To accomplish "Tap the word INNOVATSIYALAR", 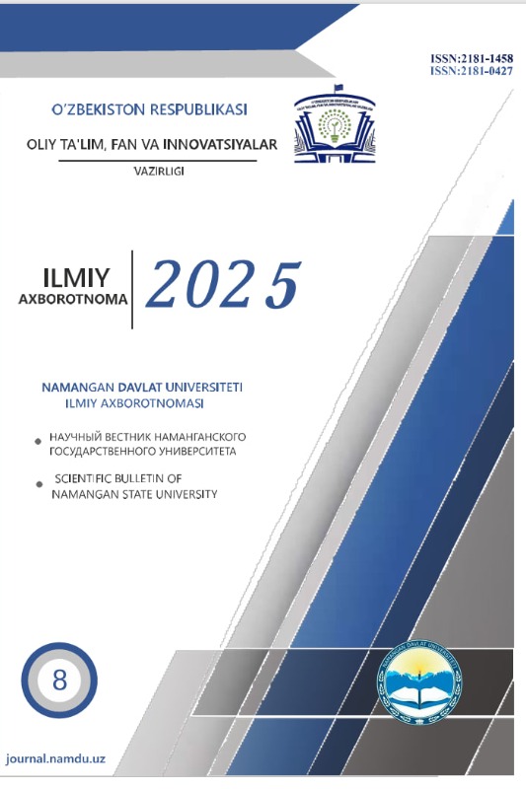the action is pos(224,145).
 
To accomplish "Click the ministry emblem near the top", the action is pos(333,133).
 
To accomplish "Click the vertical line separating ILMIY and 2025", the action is pos(134,287).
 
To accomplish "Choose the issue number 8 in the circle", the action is pos(58,680).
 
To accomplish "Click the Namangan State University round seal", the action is pos(418,687).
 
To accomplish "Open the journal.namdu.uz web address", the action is pos(56,760).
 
